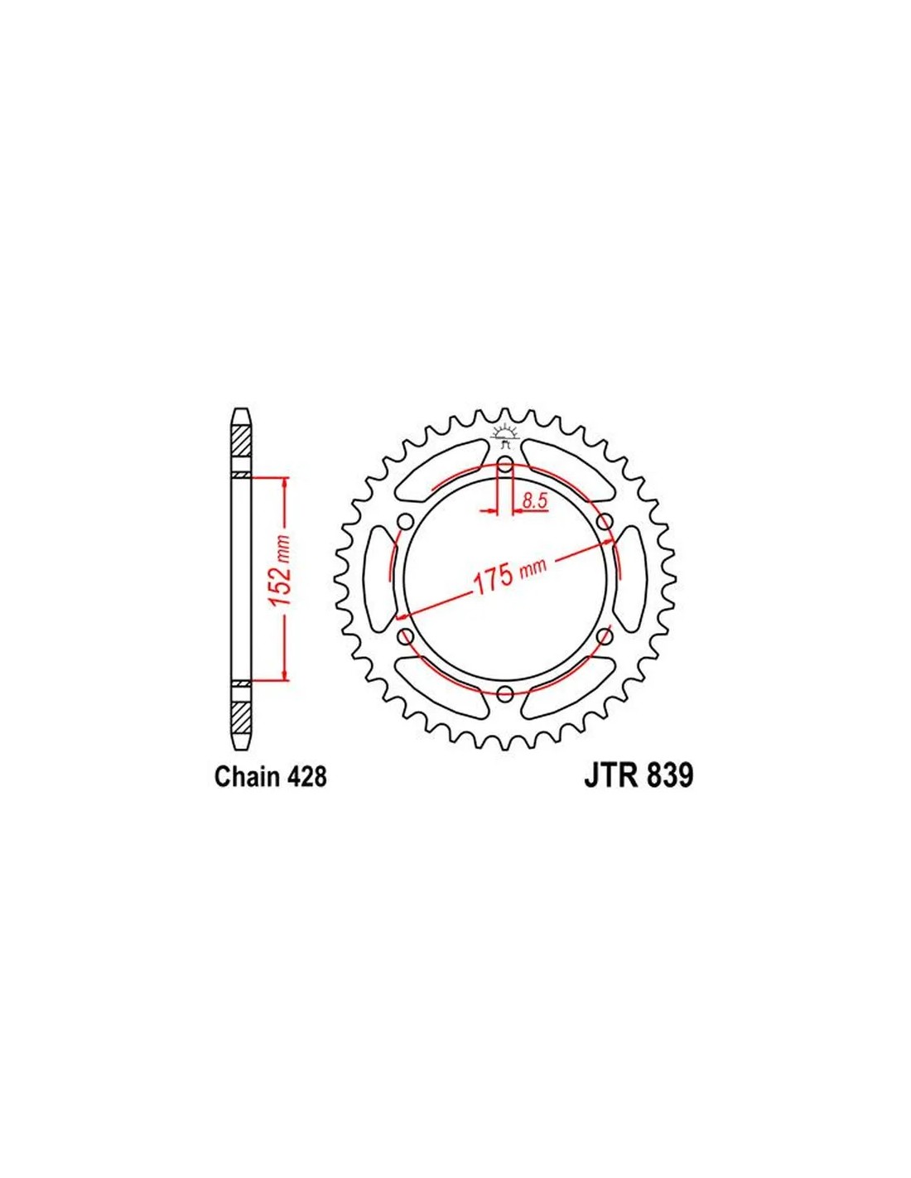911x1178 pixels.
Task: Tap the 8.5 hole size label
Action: (534, 501)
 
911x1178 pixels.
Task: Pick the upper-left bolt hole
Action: (405, 522)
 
